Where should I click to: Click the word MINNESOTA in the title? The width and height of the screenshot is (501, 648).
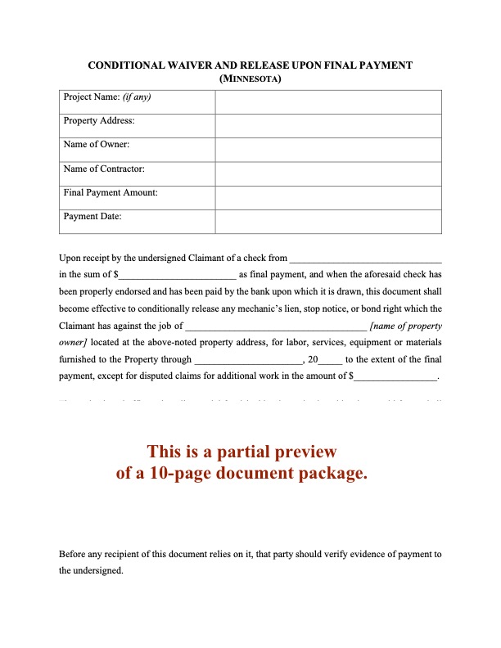pos(251,79)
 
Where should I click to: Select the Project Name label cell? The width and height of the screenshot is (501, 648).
pos(137,102)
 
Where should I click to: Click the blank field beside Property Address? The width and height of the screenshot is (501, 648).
pos(328,126)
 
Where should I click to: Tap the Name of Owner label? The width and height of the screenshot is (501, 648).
pos(97,145)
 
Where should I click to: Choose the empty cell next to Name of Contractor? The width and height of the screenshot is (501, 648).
pos(328,173)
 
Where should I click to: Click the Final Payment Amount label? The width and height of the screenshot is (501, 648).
pos(111,192)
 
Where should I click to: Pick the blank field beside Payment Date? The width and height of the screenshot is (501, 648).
pos(328,222)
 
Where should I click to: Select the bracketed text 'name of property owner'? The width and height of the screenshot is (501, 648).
pos(405,326)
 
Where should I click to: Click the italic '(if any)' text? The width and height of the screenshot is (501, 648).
pos(137,97)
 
